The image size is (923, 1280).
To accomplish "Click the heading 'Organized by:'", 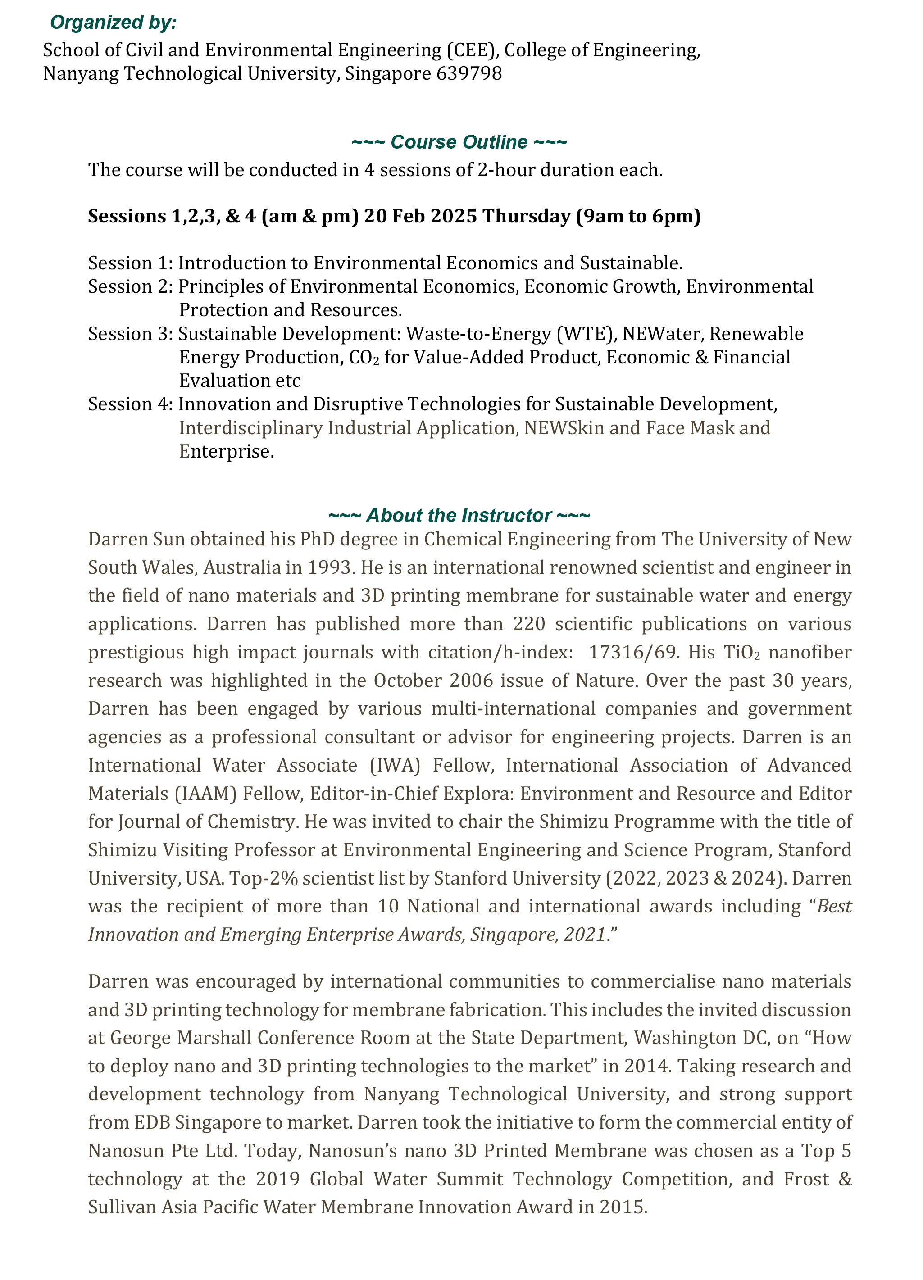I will tap(113, 23).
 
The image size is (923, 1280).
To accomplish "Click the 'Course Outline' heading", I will tap(459, 142).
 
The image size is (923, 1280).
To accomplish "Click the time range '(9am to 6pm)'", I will tap(638, 216).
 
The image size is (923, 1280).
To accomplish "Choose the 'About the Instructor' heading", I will tap(459, 516).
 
